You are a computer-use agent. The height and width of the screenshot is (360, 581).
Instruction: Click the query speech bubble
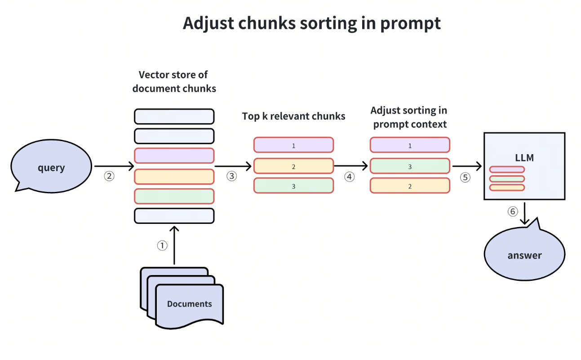51,167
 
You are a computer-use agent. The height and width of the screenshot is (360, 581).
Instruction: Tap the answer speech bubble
524,255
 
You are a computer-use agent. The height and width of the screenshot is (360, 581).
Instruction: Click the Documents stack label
189,304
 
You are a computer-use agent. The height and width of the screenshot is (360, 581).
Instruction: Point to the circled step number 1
162,245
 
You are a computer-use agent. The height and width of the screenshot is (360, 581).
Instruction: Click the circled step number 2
109,176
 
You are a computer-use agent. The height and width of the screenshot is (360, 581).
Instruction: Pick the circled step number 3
231,176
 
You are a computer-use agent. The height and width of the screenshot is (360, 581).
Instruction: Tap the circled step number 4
349,177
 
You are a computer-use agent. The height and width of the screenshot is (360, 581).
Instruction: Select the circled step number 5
465,177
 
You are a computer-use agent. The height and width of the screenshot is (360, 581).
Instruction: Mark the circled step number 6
513,211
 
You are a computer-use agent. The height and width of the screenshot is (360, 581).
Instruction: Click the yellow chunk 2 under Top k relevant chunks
293,166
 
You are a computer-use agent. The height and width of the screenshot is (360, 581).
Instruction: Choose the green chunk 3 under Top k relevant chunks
293,186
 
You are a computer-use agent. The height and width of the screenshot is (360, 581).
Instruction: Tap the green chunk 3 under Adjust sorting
410,166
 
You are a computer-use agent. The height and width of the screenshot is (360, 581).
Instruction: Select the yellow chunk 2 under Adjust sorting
410,186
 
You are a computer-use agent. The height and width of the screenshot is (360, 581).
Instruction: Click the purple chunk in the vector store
174,156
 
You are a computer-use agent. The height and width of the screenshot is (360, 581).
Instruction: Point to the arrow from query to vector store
114,167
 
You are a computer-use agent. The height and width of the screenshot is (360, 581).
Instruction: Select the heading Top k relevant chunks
293,116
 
